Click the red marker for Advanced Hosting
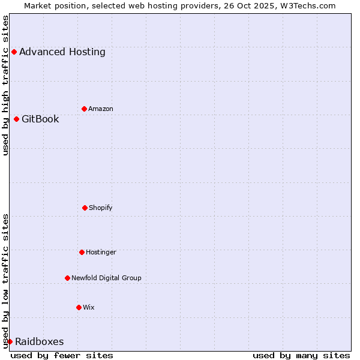coord(14,52)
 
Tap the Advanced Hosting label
coord(62,52)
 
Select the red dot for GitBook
coord(16,119)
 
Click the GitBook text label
coord(40,119)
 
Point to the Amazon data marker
coord(84,109)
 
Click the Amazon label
coord(101,109)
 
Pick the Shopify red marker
coord(85,208)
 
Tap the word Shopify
coord(101,208)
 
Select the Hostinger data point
coord(82,252)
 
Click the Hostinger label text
coord(101,252)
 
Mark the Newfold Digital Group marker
coord(67,278)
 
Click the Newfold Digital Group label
coord(106,278)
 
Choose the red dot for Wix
coord(79,307)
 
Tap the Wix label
coord(89,307)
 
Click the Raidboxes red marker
coord(10,341)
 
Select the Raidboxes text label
coord(39,341)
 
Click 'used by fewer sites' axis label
coord(62,355)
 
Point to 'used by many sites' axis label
coord(301,355)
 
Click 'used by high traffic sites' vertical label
coord(5,85)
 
